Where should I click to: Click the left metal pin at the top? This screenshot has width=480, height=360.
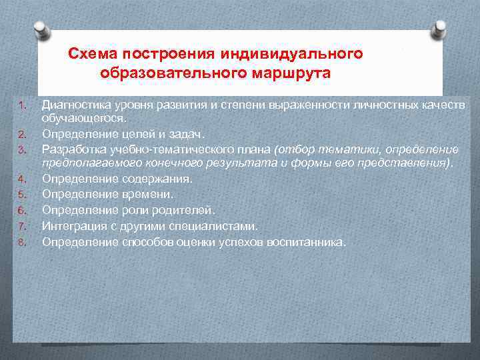point(41,29)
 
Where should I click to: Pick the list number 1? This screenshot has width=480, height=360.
point(21,105)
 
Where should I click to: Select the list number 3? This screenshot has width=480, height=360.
point(21,148)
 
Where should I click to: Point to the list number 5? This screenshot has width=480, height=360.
point(21,194)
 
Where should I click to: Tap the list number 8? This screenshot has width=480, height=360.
point(21,242)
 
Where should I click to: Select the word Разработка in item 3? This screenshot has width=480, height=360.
point(73,148)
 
